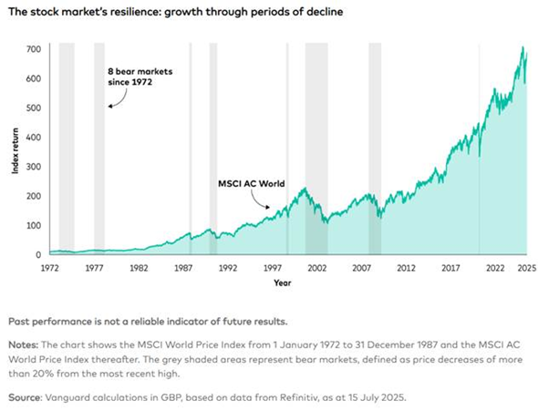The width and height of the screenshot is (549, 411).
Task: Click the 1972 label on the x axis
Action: coord(49,269)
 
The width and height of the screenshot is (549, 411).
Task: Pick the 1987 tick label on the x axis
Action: coord(182,269)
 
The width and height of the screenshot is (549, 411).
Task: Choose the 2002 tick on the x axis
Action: coord(316,269)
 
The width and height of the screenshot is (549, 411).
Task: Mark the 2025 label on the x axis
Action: coord(525,269)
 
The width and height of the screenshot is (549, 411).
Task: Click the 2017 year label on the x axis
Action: coord(451,269)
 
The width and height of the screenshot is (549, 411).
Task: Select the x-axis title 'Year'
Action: coord(283,283)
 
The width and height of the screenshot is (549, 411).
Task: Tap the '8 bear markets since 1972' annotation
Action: coord(129,77)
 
